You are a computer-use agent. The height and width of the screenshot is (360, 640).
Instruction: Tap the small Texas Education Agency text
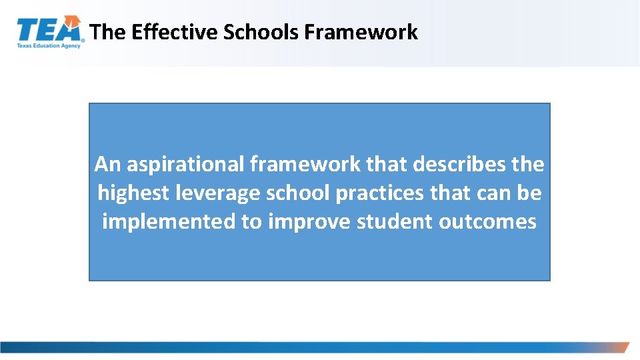pyautogui.click(x=49, y=46)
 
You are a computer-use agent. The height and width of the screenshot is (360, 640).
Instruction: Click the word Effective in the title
pyautogui.click(x=175, y=32)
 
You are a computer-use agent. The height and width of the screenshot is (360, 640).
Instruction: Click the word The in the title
pyautogui.click(x=107, y=32)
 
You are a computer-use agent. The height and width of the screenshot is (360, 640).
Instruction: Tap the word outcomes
pyautogui.click(x=487, y=221)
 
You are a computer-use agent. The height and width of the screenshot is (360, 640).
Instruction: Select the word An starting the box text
pyautogui.click(x=107, y=163)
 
